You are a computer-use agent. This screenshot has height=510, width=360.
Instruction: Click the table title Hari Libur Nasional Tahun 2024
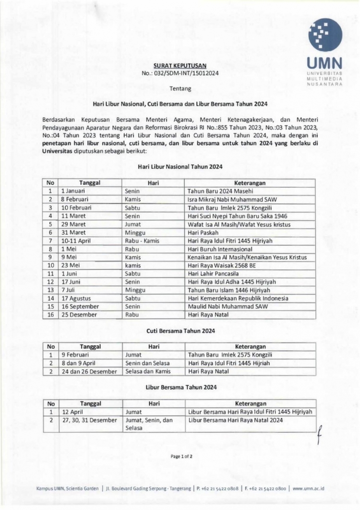(180, 167)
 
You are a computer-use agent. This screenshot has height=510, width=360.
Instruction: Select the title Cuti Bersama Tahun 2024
(180, 331)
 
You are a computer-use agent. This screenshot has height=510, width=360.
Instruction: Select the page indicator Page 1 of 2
(181, 456)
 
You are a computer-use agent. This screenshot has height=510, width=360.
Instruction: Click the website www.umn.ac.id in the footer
(308, 488)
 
